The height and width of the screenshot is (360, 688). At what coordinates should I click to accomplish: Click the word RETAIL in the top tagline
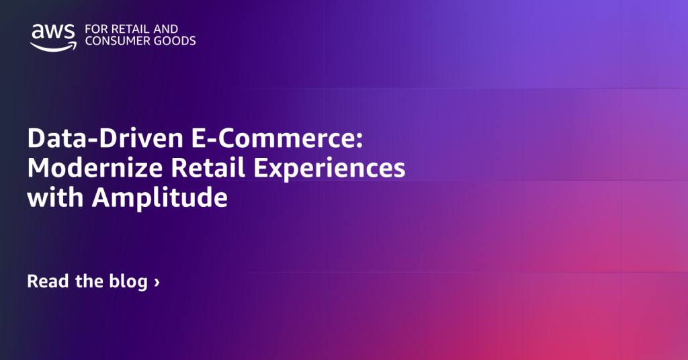click(x=125, y=29)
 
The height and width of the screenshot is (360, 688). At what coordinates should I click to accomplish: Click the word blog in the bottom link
click(x=128, y=282)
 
